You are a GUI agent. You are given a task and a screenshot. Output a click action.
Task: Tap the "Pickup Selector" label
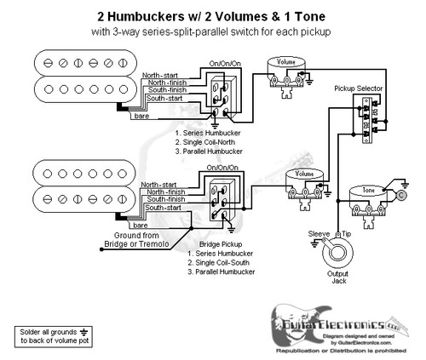pos(356,88)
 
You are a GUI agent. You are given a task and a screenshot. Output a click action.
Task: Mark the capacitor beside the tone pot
pos(402,195)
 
